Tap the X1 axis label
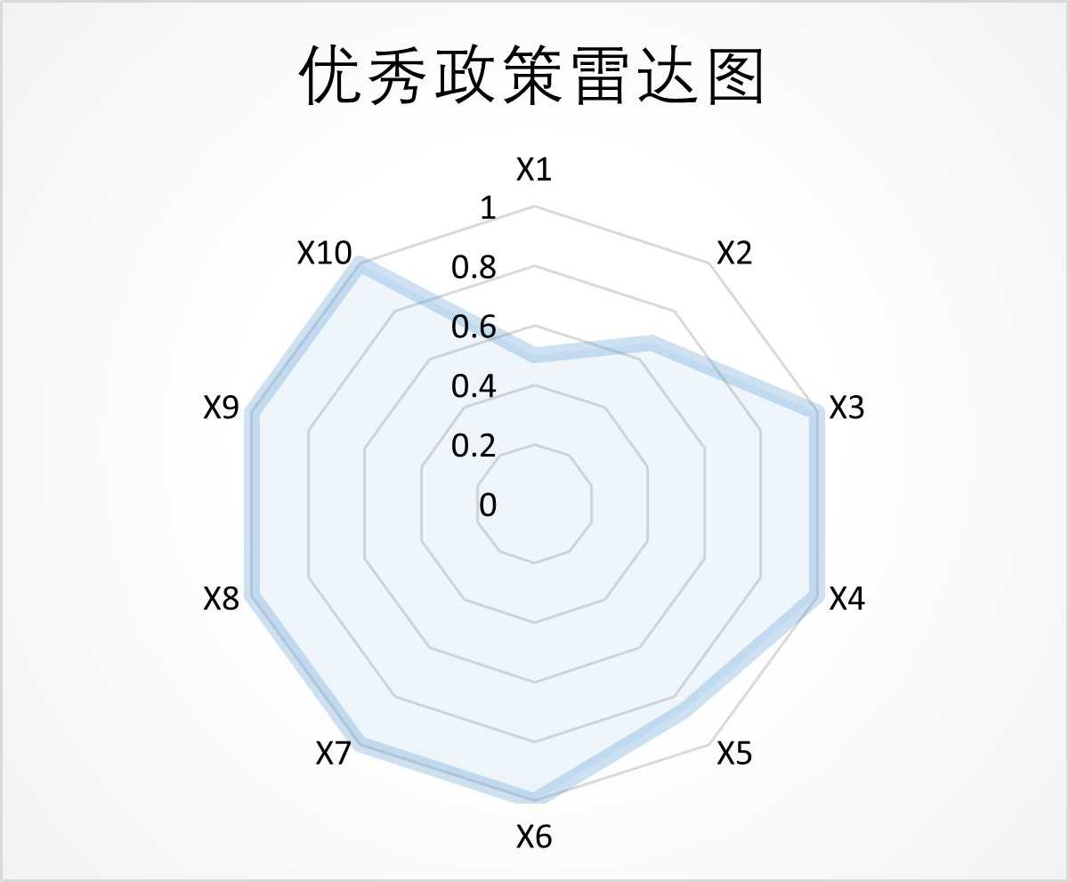click(534, 169)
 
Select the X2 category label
click(734, 254)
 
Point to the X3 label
click(846, 408)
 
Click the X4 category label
click(846, 599)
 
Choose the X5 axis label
click(734, 754)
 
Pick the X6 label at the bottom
click(534, 837)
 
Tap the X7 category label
click(334, 754)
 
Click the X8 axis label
click(222, 599)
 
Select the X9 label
click(222, 408)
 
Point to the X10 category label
click(325, 254)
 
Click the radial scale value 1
click(487, 208)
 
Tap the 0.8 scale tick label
click(473, 267)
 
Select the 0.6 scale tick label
click(473, 327)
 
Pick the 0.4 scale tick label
click(473, 386)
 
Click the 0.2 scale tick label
click(473, 445)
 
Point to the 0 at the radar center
click(488, 505)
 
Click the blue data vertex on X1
click(534, 355)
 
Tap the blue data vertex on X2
click(651, 344)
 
